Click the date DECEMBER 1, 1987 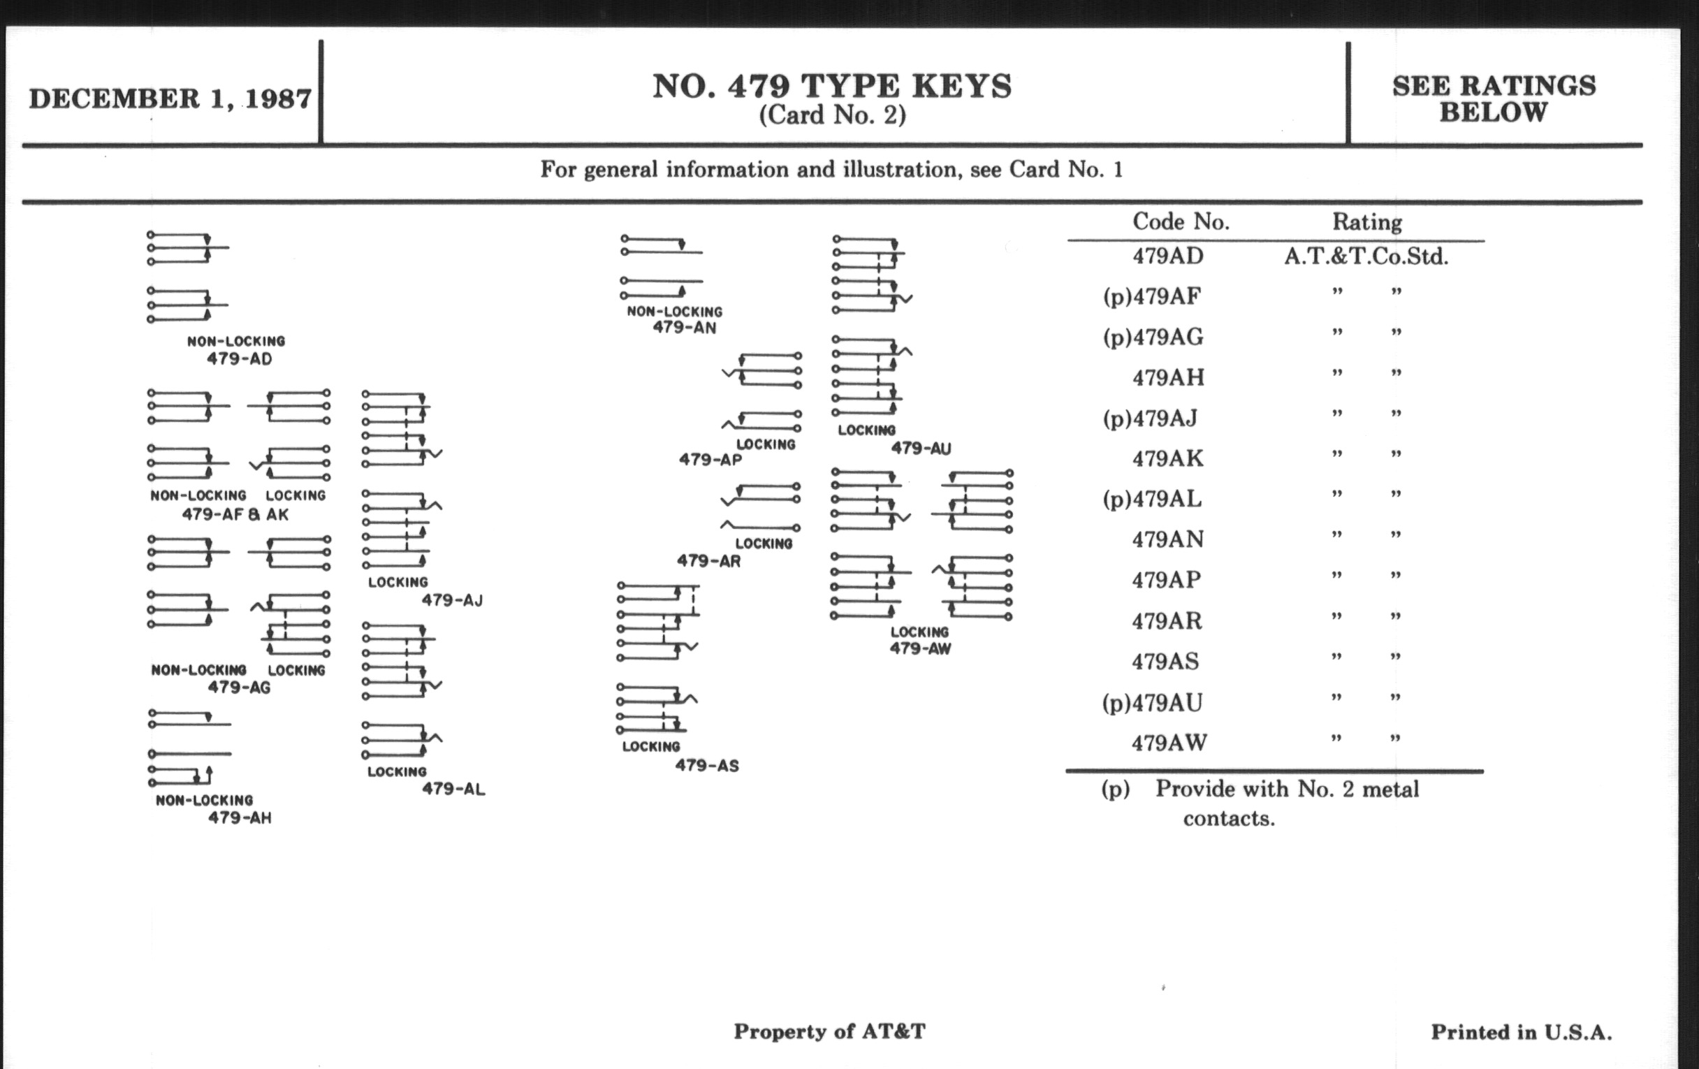coord(169,98)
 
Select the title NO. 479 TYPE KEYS coord(832,86)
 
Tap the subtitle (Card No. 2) coord(832,115)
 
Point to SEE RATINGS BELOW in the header coord(1493,99)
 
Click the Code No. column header coord(1181,221)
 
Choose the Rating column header coord(1366,222)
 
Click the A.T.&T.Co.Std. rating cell coord(1366,256)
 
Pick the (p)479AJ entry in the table coord(1150,419)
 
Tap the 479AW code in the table coord(1169,743)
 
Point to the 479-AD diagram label coord(239,358)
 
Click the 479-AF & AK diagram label coord(235,514)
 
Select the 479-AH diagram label coord(239,817)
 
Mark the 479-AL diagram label coord(453,789)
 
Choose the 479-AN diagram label coord(684,328)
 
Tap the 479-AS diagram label coord(706,766)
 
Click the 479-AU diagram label coord(921,448)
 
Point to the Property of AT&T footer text coord(829,1031)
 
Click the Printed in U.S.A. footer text coord(1521,1032)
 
